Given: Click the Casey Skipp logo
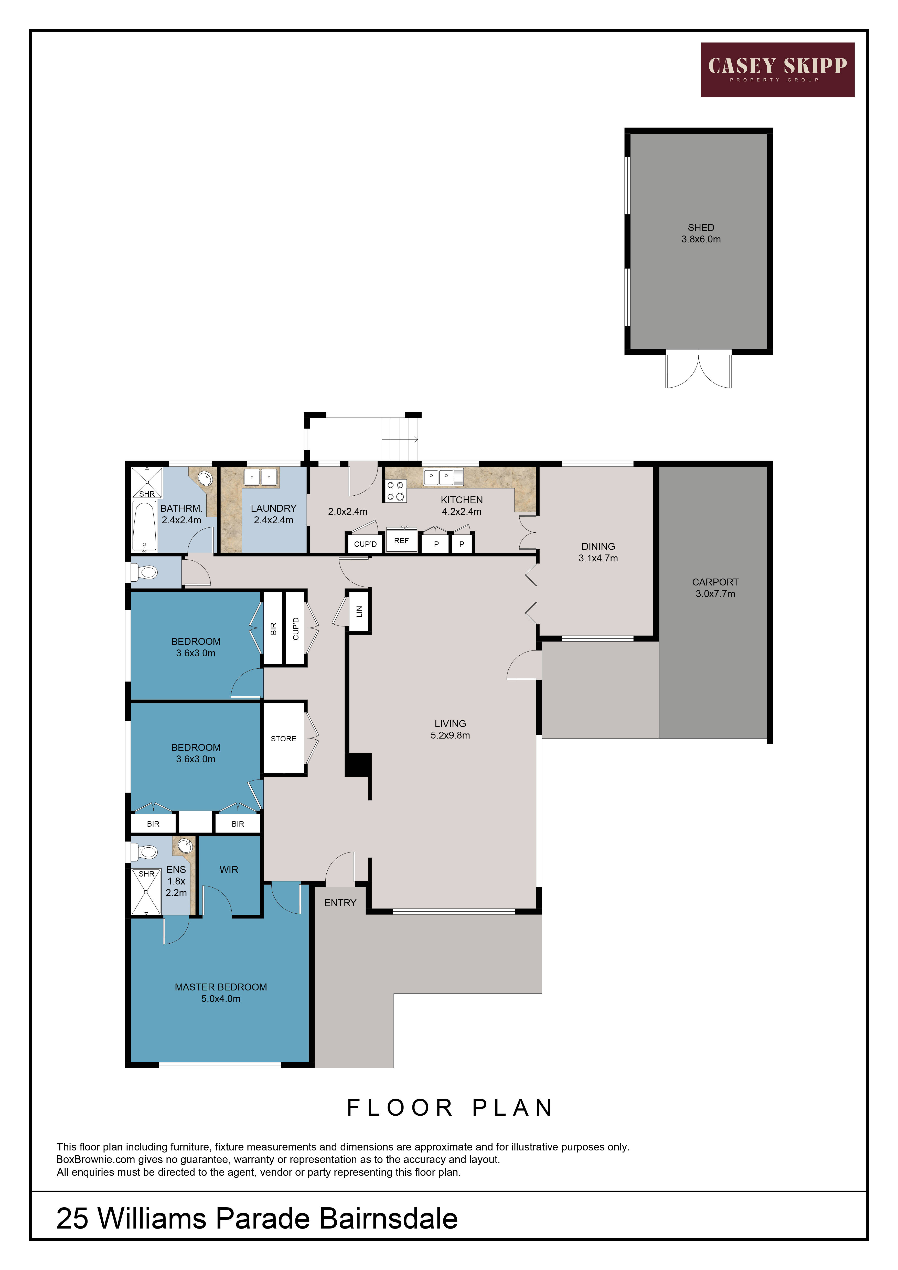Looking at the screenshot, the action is (777, 70).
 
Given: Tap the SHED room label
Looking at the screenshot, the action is (701, 227).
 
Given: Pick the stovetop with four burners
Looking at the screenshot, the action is (396, 491).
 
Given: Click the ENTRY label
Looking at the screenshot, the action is (340, 903).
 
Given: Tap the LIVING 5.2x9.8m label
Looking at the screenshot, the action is (450, 729).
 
